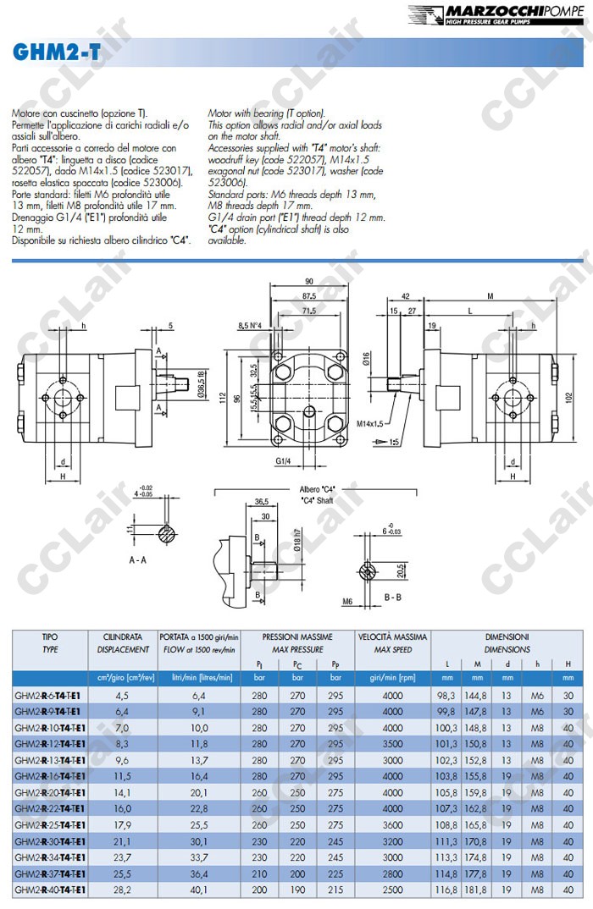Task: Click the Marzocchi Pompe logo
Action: click(497, 14)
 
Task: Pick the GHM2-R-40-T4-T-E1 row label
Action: click(48, 890)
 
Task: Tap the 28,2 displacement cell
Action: click(121, 890)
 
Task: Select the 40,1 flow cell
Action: click(198, 890)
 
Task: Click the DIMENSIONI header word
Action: click(507, 636)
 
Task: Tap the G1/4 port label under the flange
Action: click(284, 462)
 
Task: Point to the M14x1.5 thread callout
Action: click(369, 423)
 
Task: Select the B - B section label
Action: click(393, 597)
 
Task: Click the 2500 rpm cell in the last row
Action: click(392, 890)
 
